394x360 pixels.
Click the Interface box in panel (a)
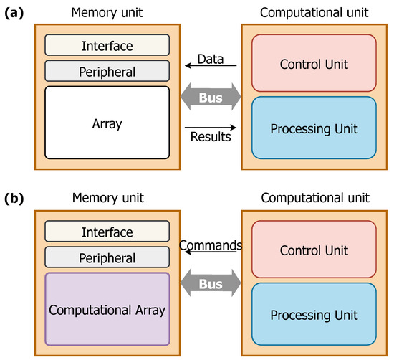click(x=107, y=45)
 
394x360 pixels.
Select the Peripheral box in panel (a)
click(x=107, y=71)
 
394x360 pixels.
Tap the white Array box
click(x=107, y=123)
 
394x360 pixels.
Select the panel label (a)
click(x=15, y=12)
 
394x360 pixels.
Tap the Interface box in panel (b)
click(x=107, y=232)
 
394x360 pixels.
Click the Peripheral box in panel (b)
click(x=107, y=257)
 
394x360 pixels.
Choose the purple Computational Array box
click(x=107, y=310)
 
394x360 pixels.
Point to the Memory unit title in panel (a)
click(x=107, y=12)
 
